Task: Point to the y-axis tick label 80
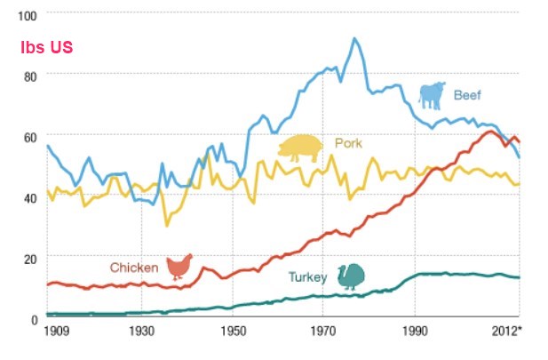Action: pos(29,76)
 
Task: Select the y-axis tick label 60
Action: pos(29,137)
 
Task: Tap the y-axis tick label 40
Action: pos(29,197)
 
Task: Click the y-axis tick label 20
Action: pos(29,258)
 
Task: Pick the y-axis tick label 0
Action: pos(33,318)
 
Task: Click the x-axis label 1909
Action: pos(59,332)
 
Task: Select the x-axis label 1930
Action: pos(142,332)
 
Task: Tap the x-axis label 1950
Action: pos(234,332)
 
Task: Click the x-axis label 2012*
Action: pos(508,332)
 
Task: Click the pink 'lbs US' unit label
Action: pos(46,46)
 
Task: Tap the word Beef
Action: pos(467,94)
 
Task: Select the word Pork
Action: pos(348,143)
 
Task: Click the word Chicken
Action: pos(134,267)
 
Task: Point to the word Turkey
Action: pos(308,277)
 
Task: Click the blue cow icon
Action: pos(433,95)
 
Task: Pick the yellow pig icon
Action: pos(299,148)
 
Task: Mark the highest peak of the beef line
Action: pos(354,38)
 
